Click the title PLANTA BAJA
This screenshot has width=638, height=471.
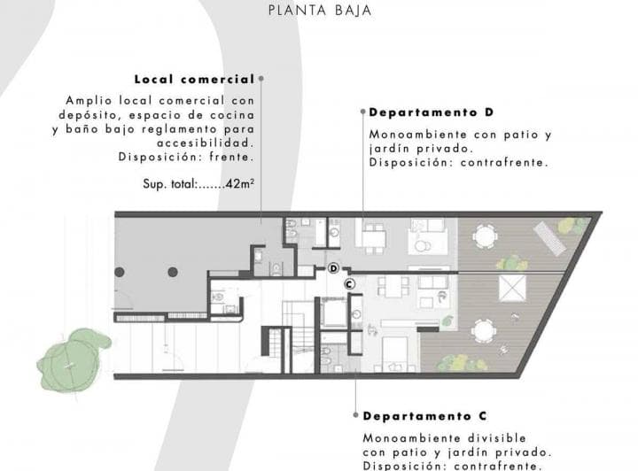click(319, 12)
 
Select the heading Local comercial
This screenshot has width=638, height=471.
click(194, 79)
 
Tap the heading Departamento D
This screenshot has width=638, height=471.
click(431, 112)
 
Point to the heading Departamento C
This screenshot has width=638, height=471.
click(424, 415)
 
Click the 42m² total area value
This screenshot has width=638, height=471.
click(240, 184)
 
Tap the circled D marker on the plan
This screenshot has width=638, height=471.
click(333, 267)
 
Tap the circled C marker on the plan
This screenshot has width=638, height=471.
click(349, 283)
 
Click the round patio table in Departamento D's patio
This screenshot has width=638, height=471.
click(484, 236)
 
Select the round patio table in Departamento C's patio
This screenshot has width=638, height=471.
click(483, 331)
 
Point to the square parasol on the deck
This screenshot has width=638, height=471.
click(513, 289)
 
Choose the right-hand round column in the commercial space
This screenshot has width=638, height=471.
click(173, 272)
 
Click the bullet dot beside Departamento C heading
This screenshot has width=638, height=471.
click(355, 415)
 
